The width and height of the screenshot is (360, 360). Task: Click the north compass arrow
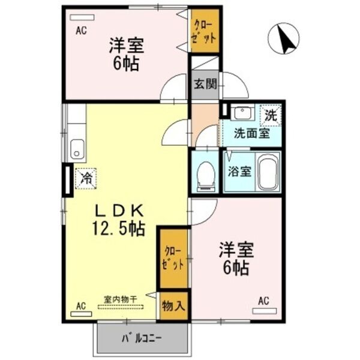tap(284, 39)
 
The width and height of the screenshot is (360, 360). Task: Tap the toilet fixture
tap(206, 176)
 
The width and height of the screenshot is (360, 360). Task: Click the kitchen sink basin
tap(77, 149)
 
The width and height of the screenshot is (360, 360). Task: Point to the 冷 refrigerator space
tap(86, 179)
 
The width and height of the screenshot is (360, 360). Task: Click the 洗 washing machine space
tap(271, 115)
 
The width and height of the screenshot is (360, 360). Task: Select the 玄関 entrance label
tap(205, 84)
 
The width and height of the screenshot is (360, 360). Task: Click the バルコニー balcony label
tap(142, 338)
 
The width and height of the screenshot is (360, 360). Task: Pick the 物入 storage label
tap(173, 305)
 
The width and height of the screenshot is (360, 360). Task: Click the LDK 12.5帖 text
tap(119, 220)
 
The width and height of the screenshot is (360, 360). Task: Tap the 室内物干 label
tap(121, 299)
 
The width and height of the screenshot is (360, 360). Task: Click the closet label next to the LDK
tap(173, 258)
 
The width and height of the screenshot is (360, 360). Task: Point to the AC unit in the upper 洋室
tap(82, 17)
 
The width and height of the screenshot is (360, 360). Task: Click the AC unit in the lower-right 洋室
tap(264, 311)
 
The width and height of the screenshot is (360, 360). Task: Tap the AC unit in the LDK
tap(81, 314)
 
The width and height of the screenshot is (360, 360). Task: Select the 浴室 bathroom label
tap(239, 171)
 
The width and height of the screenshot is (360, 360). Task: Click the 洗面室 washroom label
tap(252, 133)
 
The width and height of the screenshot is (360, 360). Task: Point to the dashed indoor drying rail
tap(121, 307)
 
